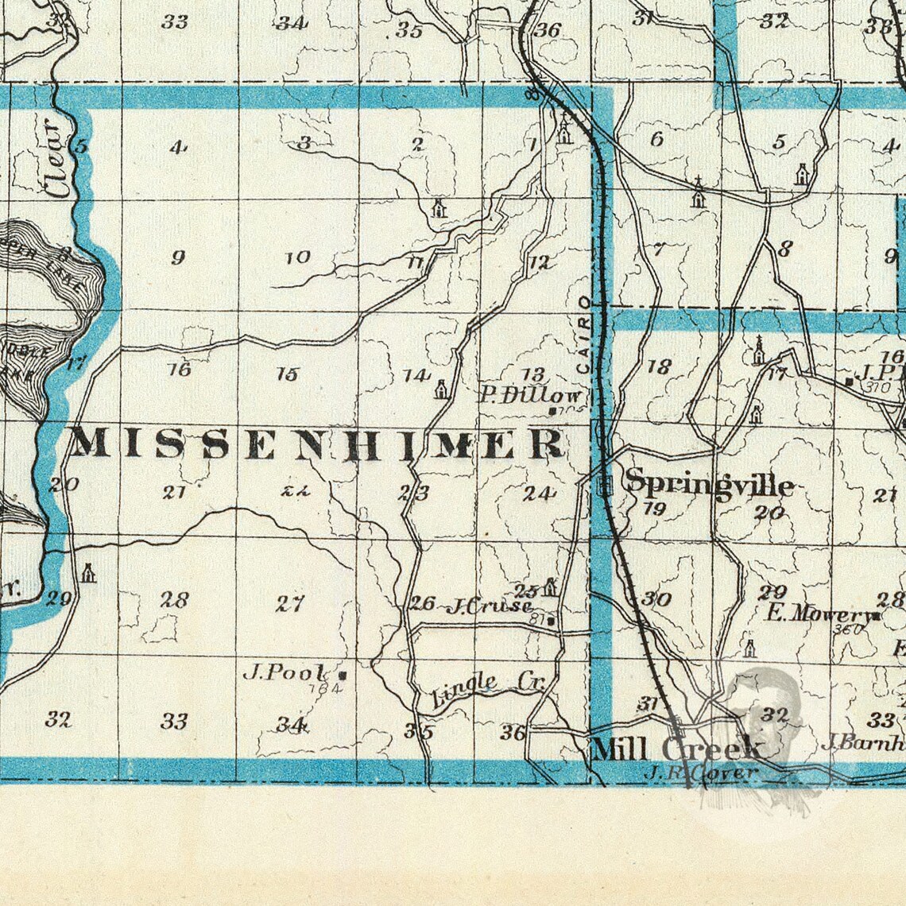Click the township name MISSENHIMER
(318, 443)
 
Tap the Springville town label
(709, 482)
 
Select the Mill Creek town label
(676, 749)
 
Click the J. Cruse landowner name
(489, 607)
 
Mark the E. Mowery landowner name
(816, 614)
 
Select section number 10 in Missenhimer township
(298, 257)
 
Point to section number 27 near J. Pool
(289, 604)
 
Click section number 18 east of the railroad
(659, 366)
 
